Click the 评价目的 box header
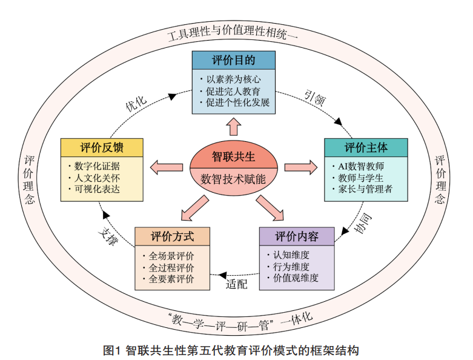[233, 61]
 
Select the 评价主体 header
[366, 147]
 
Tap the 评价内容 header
[297, 236]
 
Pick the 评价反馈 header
[102, 147]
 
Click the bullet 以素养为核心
[233, 79]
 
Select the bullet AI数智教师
[362, 165]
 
